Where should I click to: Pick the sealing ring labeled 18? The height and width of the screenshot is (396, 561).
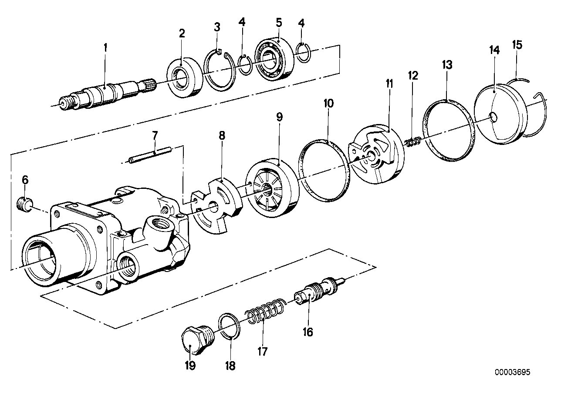pos(230,325)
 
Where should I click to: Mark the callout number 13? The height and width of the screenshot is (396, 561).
pos(447,65)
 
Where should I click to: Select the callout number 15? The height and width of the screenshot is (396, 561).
pos(517,45)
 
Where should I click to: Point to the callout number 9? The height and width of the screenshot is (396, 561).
pos(279,117)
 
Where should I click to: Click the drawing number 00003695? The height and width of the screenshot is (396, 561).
pos(513,373)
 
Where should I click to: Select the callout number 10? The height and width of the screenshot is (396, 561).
pos(329,104)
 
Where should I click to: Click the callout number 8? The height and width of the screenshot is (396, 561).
pos(222,135)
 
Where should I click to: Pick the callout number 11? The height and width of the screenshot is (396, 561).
pos(389,84)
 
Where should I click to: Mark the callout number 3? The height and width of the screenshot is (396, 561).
pos(217,27)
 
